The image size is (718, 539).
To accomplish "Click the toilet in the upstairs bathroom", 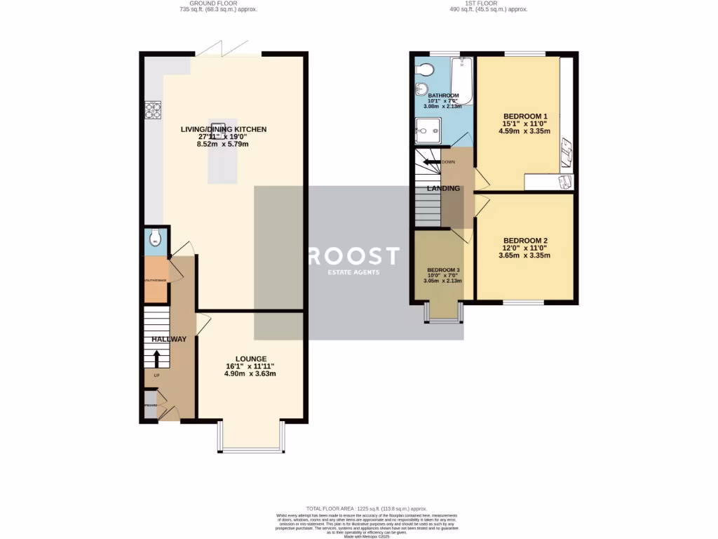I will point(423,69).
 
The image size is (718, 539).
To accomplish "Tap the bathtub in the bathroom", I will point(462,81).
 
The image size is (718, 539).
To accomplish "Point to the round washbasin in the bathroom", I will point(421,88).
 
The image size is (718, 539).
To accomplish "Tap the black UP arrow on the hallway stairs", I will point(156,359).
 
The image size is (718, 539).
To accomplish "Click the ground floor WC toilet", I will point(155,241).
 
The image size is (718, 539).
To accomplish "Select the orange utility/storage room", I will point(156,280).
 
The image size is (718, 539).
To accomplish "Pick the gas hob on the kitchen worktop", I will point(153,111).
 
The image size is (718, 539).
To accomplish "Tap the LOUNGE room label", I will point(250,359).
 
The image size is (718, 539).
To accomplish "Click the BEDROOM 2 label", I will point(525,241).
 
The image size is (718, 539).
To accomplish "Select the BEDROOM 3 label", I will point(444,269).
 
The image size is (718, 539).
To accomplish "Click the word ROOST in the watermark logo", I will point(354,256).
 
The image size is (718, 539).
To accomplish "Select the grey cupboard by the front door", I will point(151,411).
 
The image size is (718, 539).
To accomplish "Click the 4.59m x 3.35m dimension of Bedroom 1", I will point(525,131).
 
